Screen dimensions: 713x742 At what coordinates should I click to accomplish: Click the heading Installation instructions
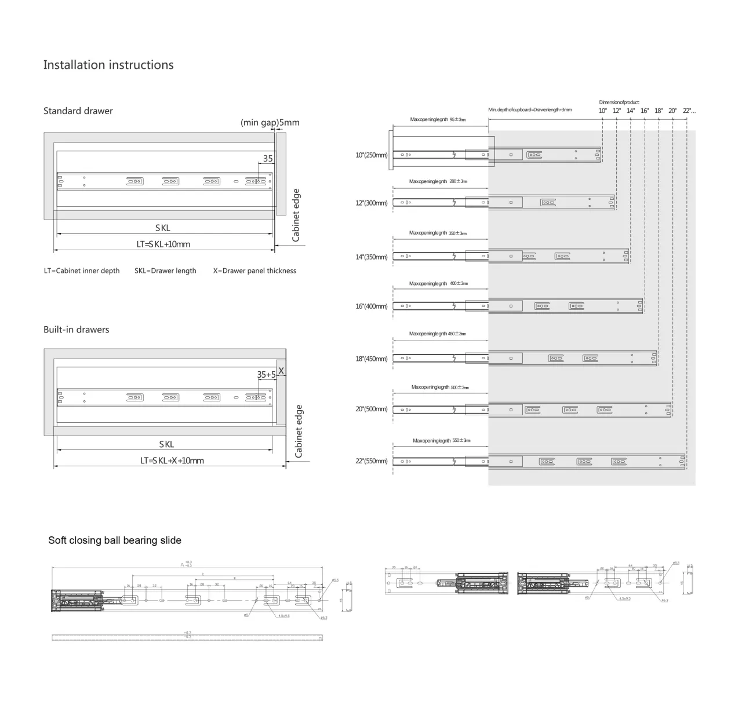pos(108,65)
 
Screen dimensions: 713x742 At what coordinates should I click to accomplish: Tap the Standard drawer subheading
pos(78,111)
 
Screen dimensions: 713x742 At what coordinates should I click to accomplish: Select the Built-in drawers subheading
pos(77,330)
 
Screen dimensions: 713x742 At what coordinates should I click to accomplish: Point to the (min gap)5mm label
pos(270,123)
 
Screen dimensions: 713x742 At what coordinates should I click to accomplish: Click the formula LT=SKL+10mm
pos(163,244)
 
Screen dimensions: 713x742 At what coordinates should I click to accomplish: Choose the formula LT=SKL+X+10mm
pos(172,461)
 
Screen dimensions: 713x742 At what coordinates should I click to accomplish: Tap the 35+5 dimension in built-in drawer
pos(267,375)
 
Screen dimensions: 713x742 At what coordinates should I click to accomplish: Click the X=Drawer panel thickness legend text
pos(254,270)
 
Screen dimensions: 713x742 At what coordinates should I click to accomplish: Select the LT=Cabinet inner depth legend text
pos(82,270)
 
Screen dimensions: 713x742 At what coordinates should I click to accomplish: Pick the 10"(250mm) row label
pos(372,155)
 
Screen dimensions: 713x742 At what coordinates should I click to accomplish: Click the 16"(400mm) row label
pos(372,306)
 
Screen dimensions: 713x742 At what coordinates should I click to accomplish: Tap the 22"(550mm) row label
pos(372,461)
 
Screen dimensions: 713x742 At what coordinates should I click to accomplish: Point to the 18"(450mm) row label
pos(372,359)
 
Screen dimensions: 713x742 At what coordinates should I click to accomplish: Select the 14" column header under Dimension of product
pos(631,111)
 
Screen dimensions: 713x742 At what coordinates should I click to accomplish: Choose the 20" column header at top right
pos(672,111)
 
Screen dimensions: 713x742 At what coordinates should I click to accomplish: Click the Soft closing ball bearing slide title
pos(115,540)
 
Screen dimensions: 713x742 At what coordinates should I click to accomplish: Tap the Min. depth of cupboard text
pos(530,110)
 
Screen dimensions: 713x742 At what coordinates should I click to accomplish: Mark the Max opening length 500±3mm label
pos(440,387)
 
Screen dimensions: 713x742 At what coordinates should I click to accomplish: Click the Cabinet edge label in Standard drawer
pos(296,215)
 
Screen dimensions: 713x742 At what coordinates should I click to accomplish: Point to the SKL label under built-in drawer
pos(166,444)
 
